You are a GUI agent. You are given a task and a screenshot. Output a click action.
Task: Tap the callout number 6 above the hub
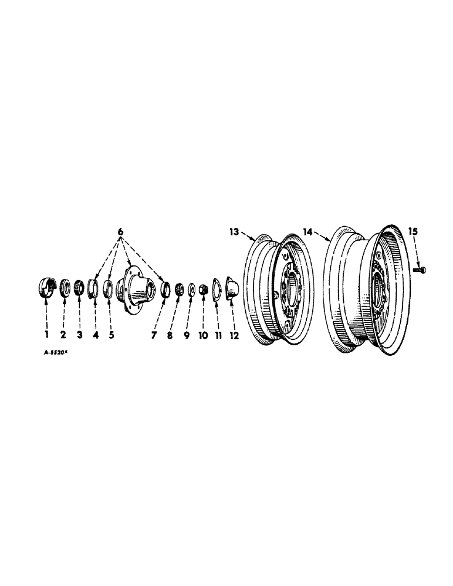(121, 232)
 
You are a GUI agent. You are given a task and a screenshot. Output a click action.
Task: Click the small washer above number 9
(191, 289)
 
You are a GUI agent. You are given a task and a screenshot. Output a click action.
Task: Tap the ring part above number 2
(64, 289)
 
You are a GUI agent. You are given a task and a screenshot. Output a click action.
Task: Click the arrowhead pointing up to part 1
(46, 301)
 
